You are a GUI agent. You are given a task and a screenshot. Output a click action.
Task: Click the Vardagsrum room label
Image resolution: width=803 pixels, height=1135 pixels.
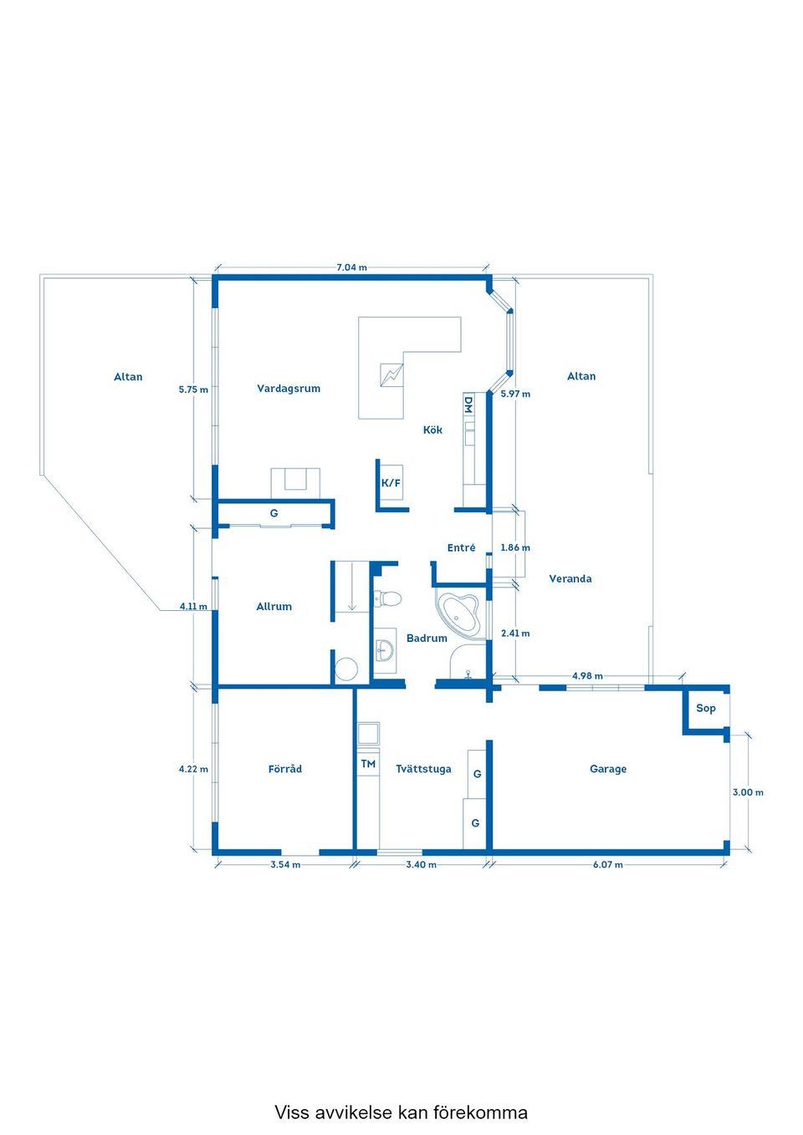[x=289, y=389]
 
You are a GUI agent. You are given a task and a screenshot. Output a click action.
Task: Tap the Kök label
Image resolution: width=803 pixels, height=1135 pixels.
[x=432, y=430]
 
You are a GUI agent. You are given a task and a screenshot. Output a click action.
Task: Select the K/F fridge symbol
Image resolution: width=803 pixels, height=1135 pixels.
[x=391, y=483]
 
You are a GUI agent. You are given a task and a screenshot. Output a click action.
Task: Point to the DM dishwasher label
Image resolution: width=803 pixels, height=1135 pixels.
[x=468, y=405]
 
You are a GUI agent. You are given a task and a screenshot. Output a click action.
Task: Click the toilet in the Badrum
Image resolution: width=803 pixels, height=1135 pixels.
[x=387, y=598]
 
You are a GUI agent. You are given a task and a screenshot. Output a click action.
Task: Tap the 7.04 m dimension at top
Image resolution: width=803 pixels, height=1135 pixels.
[x=352, y=267]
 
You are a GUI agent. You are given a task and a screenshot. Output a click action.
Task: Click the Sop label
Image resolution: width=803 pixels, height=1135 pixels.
[x=706, y=708]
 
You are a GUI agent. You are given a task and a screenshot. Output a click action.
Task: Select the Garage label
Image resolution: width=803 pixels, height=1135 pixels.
[x=608, y=769]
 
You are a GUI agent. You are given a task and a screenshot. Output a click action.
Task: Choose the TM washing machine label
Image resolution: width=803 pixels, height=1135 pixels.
[x=368, y=763]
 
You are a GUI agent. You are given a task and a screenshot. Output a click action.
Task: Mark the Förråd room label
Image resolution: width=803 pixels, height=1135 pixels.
[x=285, y=769]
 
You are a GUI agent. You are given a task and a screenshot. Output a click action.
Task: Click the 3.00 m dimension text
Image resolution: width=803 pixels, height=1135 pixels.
[x=748, y=792]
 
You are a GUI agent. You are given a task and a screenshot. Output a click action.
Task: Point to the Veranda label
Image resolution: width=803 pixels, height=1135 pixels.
[x=570, y=578]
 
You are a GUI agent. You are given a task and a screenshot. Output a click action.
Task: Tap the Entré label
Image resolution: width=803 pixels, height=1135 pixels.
[x=462, y=547]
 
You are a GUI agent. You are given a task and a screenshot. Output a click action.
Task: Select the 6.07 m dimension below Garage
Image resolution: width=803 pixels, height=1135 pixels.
[x=608, y=864]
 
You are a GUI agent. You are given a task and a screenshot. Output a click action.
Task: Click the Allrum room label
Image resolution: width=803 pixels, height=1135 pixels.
[x=274, y=606]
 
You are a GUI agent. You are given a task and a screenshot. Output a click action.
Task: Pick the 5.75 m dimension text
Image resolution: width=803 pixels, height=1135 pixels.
[x=193, y=389]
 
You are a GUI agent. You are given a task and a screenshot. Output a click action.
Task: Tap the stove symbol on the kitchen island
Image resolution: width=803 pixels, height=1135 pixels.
[x=391, y=375]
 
